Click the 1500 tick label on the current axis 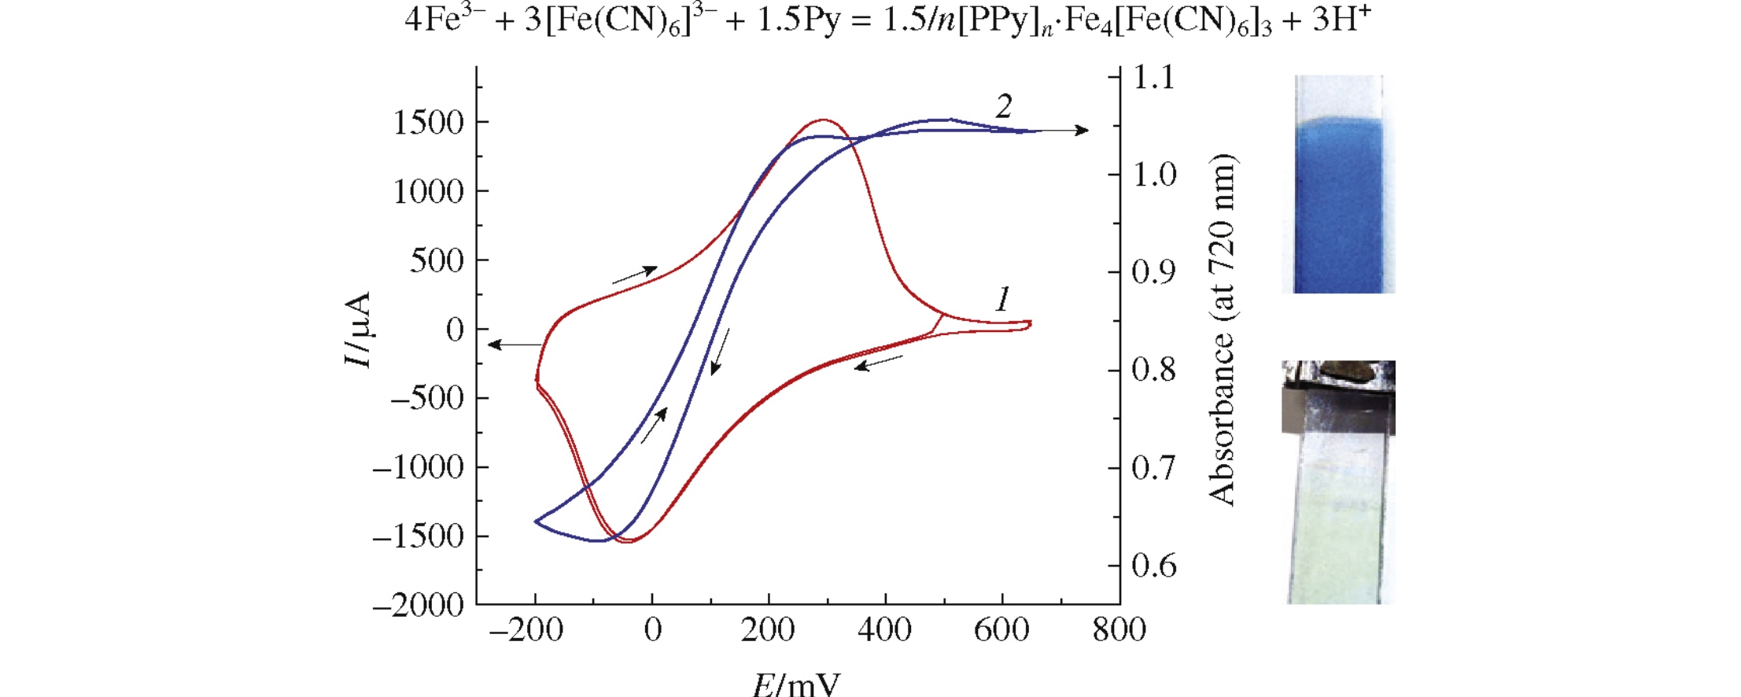point(430,123)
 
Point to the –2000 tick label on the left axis point(419,605)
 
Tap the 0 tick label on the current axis point(455,330)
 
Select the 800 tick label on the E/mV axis point(1119,630)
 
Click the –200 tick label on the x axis point(526,630)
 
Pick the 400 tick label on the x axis point(885,630)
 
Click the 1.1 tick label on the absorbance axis point(1153,77)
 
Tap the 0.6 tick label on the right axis point(1153,566)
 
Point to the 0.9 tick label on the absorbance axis point(1153,272)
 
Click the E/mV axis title point(796,683)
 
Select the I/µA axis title point(358,330)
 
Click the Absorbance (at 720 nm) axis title point(1222,330)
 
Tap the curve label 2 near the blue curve point(1003,106)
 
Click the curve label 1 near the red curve point(1002,299)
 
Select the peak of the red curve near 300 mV point(823,120)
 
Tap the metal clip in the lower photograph point(1337,397)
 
